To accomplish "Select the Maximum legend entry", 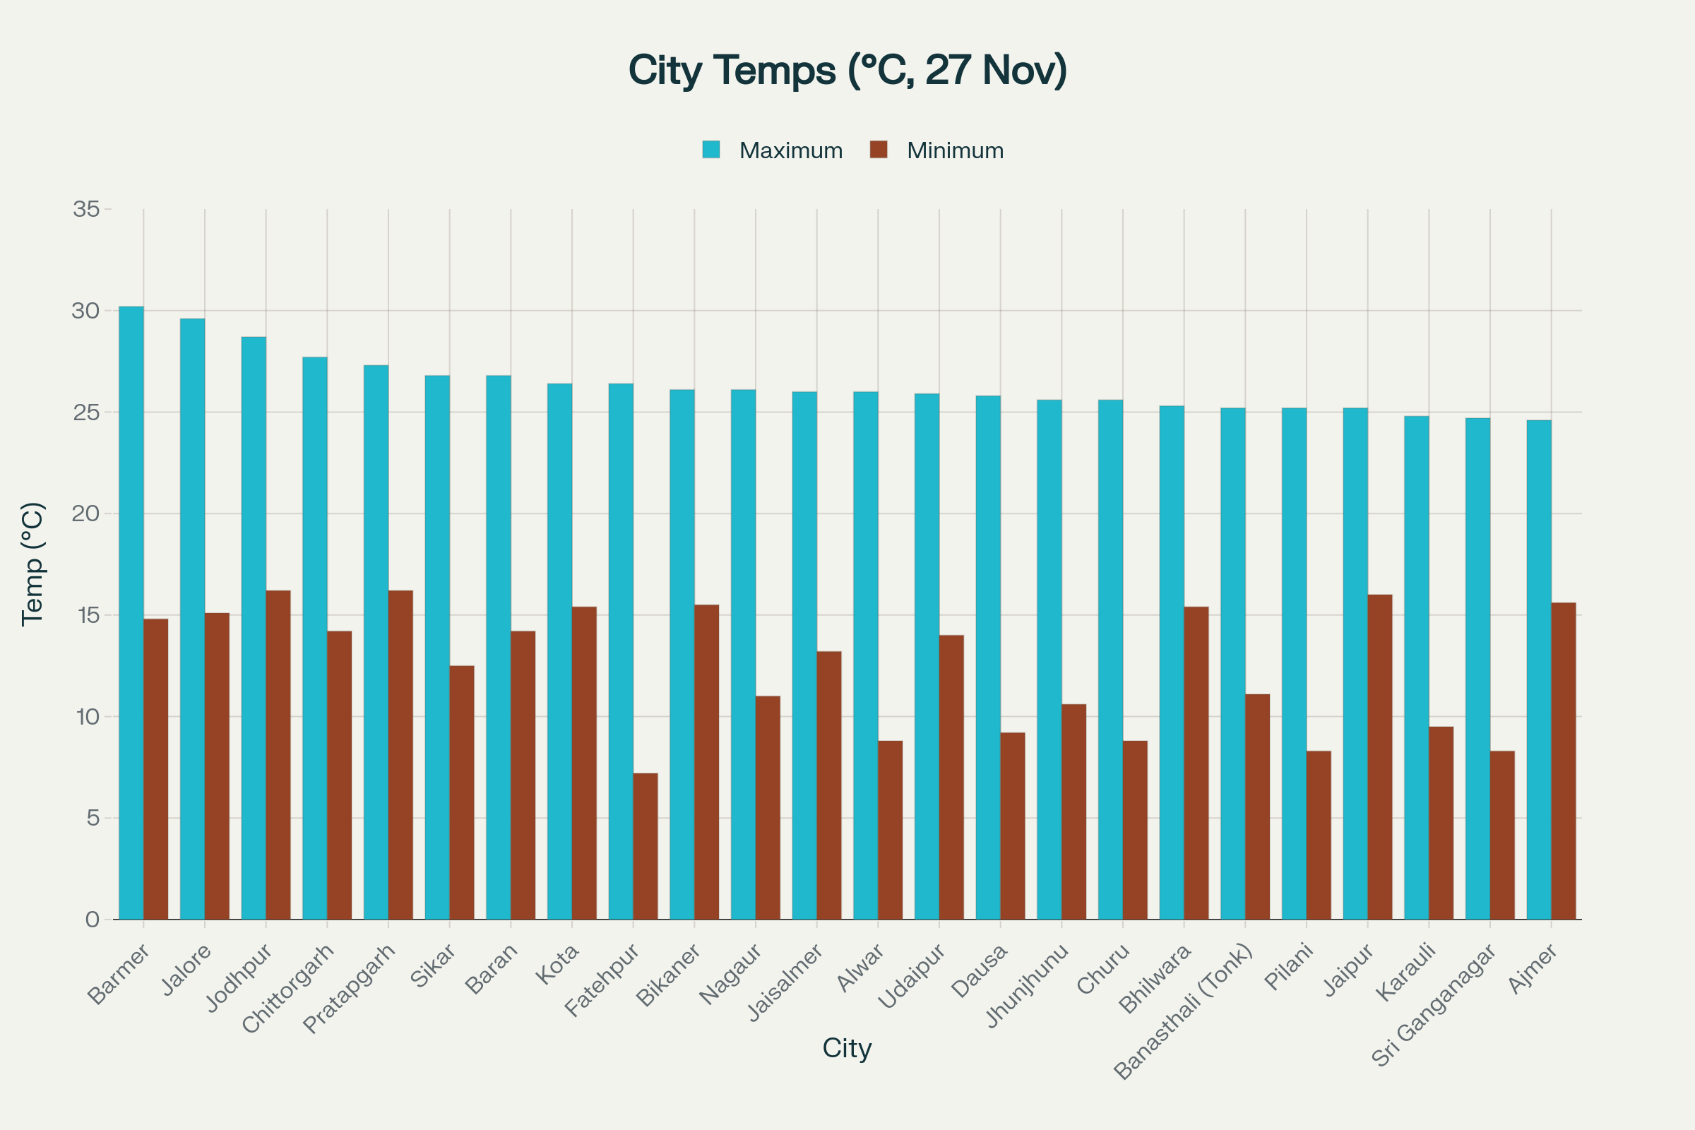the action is point(773,150).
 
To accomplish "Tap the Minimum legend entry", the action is point(937,150).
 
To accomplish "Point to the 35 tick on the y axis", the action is point(86,209).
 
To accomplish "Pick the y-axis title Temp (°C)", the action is point(33,564).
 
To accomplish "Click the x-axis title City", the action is point(847,1048).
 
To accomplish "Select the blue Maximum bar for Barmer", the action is point(131,613).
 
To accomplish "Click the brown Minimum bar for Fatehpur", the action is point(646,847).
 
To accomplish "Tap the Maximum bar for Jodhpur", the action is point(254,629).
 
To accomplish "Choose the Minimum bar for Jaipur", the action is point(1380,757).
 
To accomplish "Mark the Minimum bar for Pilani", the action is point(1319,835).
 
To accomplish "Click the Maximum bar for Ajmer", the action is point(1540,670).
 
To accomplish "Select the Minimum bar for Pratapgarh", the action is point(400,755).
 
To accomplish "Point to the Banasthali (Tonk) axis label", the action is point(1184,1013).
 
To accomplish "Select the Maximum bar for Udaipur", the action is point(927,657).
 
